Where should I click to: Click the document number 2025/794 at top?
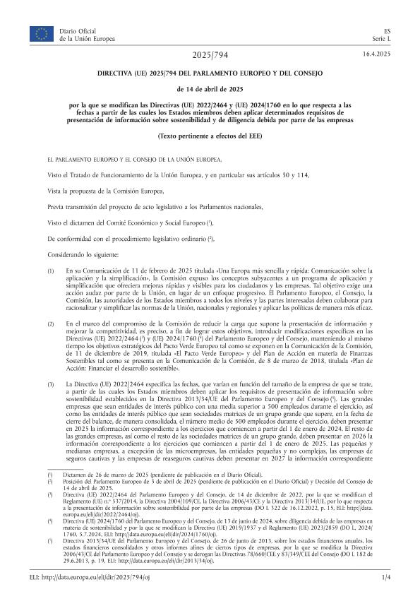tap(210, 55)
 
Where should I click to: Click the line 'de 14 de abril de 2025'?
tap(210, 89)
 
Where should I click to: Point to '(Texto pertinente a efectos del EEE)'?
tap(210, 134)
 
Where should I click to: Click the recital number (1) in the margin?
tap(50, 271)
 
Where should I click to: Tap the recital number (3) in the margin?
tap(50, 383)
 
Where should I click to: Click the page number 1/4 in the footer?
tap(385, 578)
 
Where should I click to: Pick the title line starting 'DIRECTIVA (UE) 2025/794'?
tap(210, 73)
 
